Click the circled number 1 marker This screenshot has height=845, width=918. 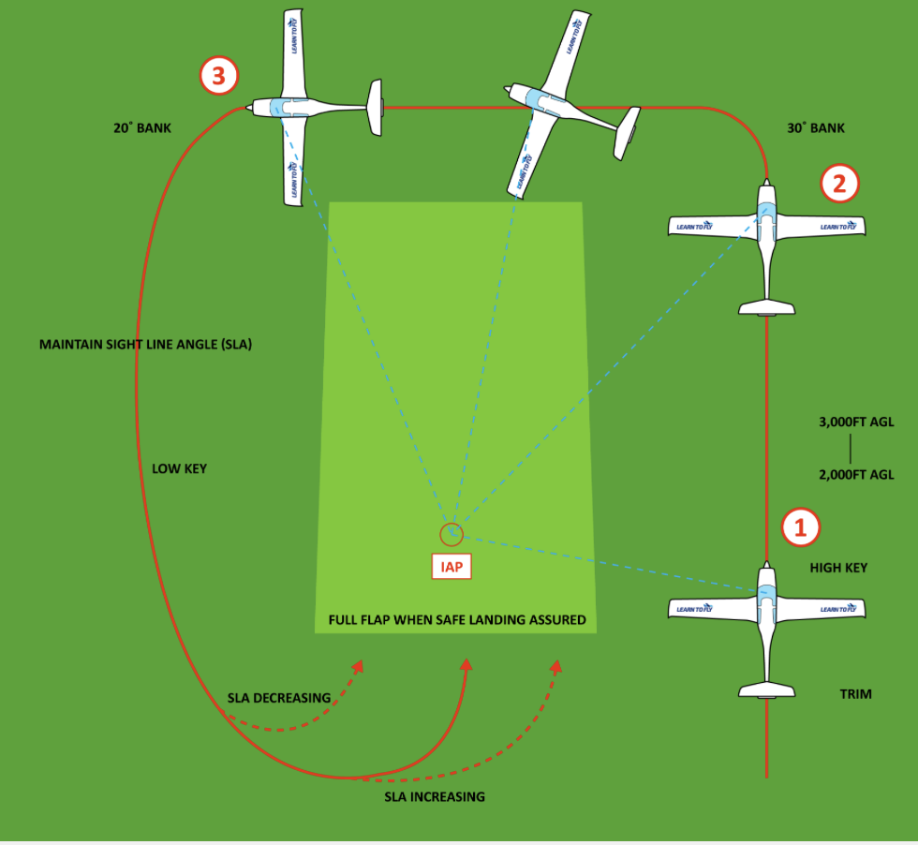tap(800, 527)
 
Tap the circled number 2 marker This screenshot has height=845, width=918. tap(839, 184)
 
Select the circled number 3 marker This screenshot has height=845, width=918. tap(218, 76)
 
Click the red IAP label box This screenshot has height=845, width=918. tap(452, 567)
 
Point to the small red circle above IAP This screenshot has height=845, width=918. tap(452, 535)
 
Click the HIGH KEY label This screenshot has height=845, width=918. tap(838, 568)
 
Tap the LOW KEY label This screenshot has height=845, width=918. tap(179, 468)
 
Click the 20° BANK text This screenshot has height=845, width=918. tap(142, 127)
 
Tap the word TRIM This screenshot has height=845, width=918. tap(855, 694)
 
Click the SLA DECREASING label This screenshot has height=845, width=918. tap(279, 698)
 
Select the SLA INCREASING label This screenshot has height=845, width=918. tap(435, 797)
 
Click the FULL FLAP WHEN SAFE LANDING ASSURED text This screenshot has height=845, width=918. tap(457, 620)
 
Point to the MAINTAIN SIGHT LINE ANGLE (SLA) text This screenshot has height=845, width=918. tap(145, 345)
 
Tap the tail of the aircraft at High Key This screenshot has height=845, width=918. tap(767, 690)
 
